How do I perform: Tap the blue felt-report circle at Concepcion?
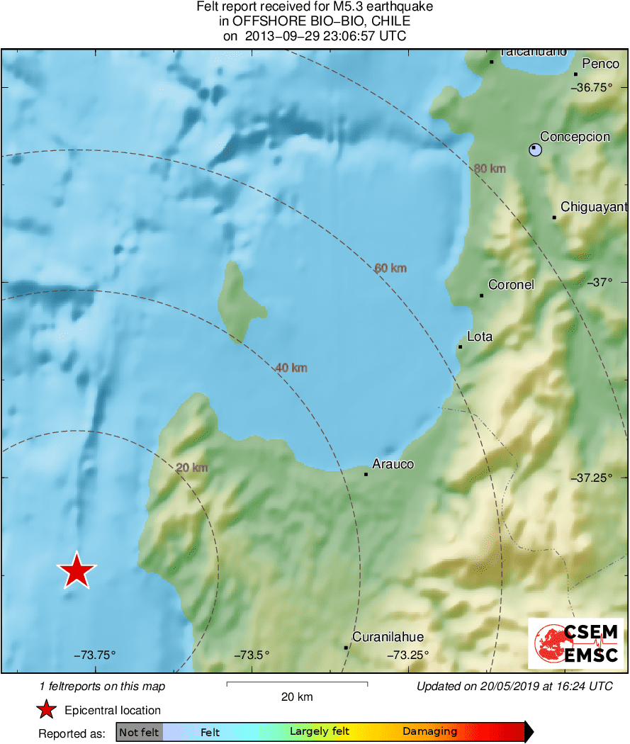click(x=536, y=150)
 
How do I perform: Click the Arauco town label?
click(x=393, y=464)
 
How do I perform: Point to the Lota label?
click(x=480, y=337)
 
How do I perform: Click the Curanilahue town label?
click(x=388, y=636)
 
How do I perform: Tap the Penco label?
click(x=600, y=64)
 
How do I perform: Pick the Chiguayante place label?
click(x=594, y=207)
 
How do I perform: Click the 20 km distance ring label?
click(x=191, y=468)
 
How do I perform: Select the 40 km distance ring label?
click(x=291, y=368)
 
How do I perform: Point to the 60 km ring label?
click(x=390, y=268)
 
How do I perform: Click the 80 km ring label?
click(x=490, y=169)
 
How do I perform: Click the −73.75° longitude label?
click(x=94, y=655)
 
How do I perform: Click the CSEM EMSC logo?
click(x=575, y=643)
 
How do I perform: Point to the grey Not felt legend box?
click(x=139, y=732)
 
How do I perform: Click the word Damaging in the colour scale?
click(x=429, y=732)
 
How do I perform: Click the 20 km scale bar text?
click(x=297, y=697)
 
